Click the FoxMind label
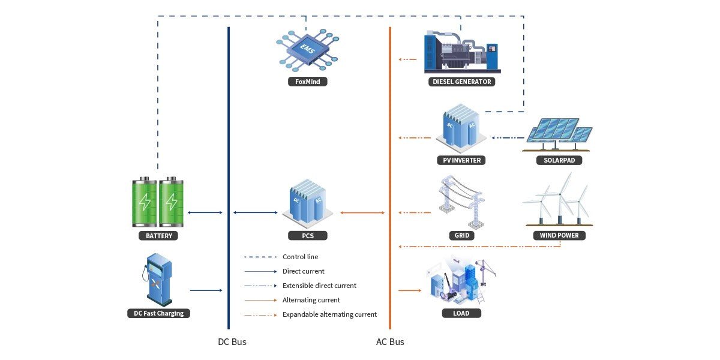[x=307, y=82]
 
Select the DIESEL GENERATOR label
[x=461, y=82]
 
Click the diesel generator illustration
[x=461, y=51]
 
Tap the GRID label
[x=461, y=236]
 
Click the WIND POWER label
[x=559, y=235]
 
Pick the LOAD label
[x=461, y=313]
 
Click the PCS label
[x=307, y=236]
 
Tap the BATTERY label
[x=158, y=236]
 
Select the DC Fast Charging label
[x=158, y=313]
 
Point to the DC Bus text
[x=232, y=342]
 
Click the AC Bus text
[x=390, y=342]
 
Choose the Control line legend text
[x=300, y=257]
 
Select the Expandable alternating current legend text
[x=329, y=314]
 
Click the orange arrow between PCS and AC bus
[x=362, y=212]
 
